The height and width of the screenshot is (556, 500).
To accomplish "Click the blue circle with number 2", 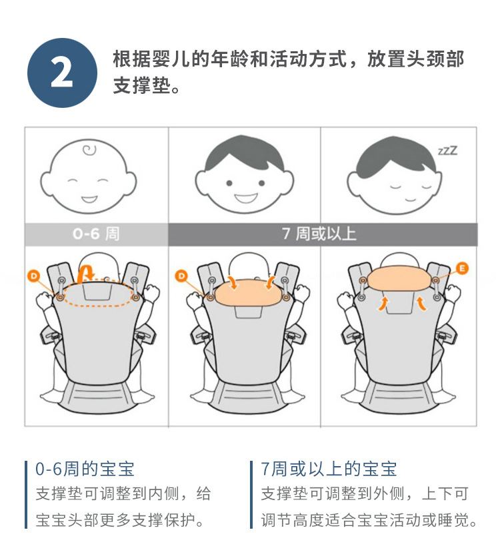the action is [62, 73].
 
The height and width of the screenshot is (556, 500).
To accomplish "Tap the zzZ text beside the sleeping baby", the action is [448, 150].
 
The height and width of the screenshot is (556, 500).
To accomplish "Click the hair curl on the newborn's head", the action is [89, 150].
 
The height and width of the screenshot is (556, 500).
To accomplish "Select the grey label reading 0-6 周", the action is [96, 234].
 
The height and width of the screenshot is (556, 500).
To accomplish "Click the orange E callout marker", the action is [462, 268].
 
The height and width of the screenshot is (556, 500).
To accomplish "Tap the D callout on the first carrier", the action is [34, 276].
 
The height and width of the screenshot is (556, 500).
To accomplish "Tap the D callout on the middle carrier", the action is [181, 276].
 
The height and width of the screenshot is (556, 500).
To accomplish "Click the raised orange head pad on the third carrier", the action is [399, 278].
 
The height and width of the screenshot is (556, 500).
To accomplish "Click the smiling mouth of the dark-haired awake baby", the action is [245, 197].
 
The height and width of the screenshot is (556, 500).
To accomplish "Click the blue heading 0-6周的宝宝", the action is [85, 469].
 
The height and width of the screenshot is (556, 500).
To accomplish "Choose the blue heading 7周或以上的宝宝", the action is [329, 469].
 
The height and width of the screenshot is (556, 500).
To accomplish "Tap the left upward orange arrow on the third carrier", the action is [383, 304].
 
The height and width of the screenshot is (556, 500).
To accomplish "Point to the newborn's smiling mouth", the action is [89, 198].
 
